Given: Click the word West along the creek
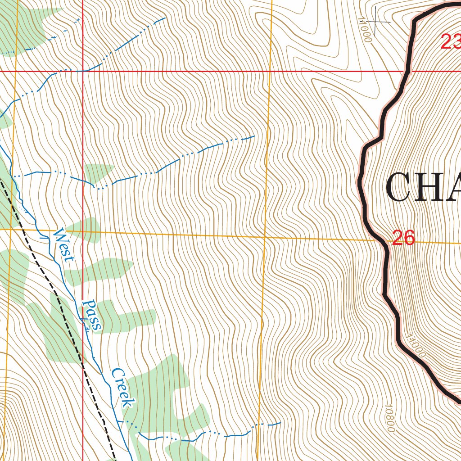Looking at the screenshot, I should click(63, 246).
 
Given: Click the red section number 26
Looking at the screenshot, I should click(403, 238).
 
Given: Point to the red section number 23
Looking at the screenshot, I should click(451, 43).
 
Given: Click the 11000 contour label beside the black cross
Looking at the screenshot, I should click(365, 30).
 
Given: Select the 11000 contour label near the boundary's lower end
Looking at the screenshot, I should click(415, 346).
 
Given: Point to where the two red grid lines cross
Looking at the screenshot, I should click(83, 71).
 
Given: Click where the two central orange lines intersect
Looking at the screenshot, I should click(265, 236).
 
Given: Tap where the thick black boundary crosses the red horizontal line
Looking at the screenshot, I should click(409, 71).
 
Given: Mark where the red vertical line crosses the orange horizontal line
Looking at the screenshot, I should click(83, 231).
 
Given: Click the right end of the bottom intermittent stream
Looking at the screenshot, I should click(280, 423).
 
